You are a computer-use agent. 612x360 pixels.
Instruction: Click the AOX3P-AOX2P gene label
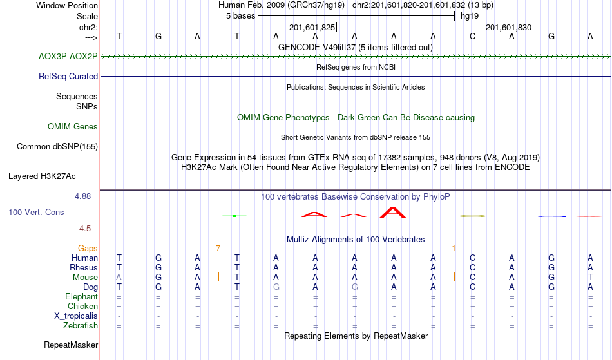[x=68, y=56]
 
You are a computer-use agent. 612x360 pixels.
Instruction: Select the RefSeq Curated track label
[x=68, y=76]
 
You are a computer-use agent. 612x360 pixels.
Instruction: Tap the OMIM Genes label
[x=73, y=127]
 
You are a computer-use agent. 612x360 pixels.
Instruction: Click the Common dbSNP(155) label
[x=57, y=146]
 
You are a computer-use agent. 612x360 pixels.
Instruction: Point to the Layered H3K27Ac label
[x=42, y=176]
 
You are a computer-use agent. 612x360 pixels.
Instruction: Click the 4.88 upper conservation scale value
[x=86, y=196]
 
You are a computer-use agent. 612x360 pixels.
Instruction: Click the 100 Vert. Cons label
[x=36, y=212]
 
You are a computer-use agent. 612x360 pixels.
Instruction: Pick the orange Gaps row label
[x=88, y=248]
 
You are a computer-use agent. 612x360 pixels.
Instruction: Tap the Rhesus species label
[x=84, y=267]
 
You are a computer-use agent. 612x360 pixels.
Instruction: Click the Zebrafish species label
[x=81, y=326]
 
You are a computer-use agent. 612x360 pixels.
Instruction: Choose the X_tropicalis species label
[x=76, y=316]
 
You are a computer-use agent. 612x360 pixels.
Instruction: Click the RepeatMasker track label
[x=71, y=345]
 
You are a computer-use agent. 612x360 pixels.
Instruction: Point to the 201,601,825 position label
[x=312, y=28]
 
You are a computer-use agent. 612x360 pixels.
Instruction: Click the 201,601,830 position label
[x=508, y=28]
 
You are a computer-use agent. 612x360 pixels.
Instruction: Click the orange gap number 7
[x=218, y=248]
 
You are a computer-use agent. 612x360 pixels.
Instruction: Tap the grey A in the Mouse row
[x=119, y=277]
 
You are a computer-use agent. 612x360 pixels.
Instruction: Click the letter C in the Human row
[x=472, y=258]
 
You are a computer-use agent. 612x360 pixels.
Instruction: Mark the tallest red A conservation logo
[x=392, y=212]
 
